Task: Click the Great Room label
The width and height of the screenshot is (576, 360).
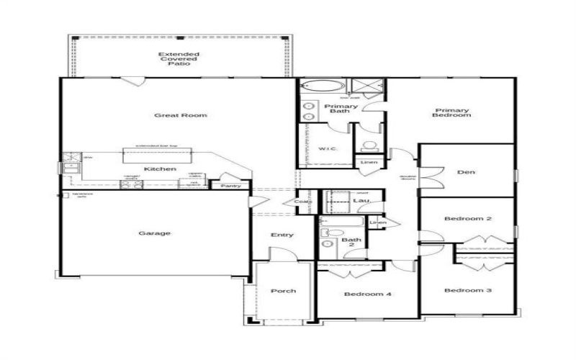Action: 170,115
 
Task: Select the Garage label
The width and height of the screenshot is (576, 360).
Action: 155,233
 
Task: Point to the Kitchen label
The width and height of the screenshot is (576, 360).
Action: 160,168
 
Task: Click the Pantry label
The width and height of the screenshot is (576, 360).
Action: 230,186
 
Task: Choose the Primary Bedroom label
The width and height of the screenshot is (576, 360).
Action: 452,112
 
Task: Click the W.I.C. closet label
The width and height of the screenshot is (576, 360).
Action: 327,149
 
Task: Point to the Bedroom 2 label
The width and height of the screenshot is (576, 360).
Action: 467,218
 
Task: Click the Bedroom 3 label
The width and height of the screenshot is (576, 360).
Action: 467,290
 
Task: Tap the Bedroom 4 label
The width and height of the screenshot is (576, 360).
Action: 367,294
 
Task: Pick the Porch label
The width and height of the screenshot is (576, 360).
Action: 283,291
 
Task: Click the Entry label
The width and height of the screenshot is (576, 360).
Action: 282,235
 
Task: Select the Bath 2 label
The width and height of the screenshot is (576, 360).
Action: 351,243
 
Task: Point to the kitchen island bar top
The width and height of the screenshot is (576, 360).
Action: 157,154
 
